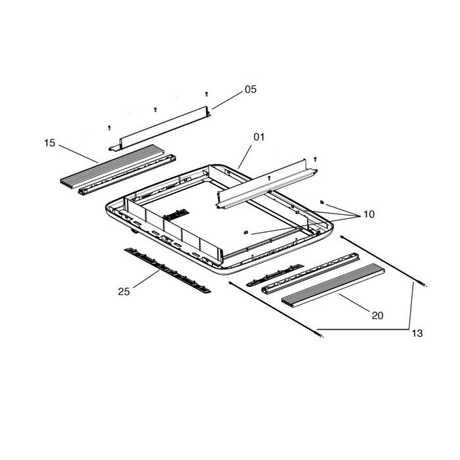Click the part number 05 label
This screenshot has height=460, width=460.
(250, 90)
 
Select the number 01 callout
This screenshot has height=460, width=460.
(258, 137)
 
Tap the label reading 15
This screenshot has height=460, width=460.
(50, 143)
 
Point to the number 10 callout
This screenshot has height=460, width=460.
(369, 215)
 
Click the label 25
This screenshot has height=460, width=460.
(124, 291)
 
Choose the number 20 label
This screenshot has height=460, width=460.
(377, 315)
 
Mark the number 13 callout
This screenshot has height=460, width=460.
(417, 334)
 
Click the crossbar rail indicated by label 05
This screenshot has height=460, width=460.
(162, 127)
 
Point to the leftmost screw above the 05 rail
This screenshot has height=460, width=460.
(108, 126)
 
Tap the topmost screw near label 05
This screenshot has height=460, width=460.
(206, 94)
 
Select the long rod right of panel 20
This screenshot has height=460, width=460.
(384, 264)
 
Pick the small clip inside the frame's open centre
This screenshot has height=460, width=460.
(245, 231)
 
